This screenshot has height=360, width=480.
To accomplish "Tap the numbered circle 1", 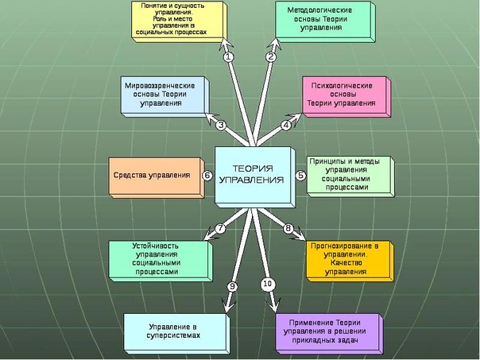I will tap(228, 56).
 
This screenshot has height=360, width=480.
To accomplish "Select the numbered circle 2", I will tap(270, 56).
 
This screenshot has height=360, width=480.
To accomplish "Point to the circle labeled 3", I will tap(221, 125).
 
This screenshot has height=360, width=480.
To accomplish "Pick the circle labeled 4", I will tap(286, 125).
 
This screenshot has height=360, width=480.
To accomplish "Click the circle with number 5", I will tap(301, 176).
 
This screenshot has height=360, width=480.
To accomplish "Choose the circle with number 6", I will tap(207, 176).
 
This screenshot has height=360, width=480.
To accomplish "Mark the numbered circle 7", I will tap(221, 229).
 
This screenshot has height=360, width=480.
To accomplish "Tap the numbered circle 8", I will tap(288, 229).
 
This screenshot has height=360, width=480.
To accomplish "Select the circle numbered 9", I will tap(233, 285).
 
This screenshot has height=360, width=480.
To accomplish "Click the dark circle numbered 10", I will tap(267, 284).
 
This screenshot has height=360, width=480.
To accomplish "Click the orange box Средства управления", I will tap(153, 176).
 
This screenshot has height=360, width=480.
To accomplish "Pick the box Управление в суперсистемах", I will tap(173, 331).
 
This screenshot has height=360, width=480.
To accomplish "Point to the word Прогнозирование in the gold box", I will tap(346, 246).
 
